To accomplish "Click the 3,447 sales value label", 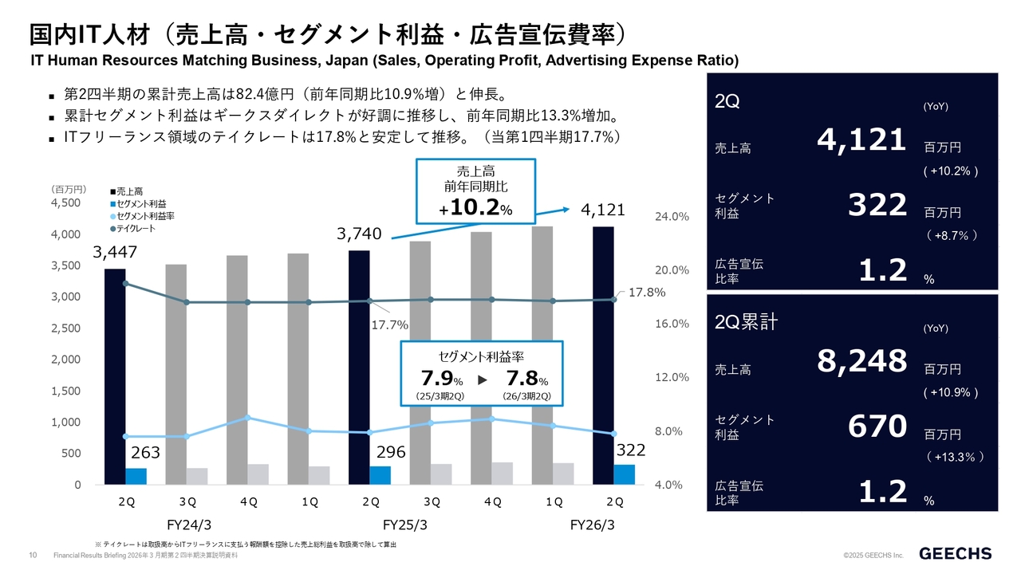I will tap(115, 253).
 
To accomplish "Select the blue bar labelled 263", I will tap(136, 476).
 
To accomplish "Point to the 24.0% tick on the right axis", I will tap(672, 216).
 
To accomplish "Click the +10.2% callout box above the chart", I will tap(475, 191).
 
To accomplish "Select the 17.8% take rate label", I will tap(646, 293).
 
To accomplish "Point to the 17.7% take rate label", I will tap(390, 325).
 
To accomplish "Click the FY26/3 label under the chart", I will tap(592, 525).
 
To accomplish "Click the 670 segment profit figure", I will tap(877, 428).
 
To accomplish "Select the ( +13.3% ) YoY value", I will tap(954, 457).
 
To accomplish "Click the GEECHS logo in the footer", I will tap(956, 553).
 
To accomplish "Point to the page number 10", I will tap(34, 555).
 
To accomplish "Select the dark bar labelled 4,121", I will tap(603, 355).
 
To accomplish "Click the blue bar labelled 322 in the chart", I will tap(624, 474).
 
